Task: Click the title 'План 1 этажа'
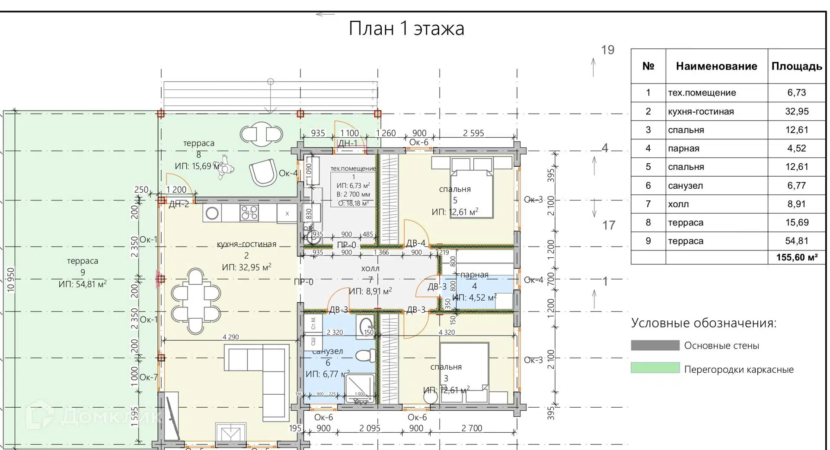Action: [x=406, y=29]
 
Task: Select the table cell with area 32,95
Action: [x=796, y=111]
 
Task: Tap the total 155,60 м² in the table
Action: [x=796, y=257]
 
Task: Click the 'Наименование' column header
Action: [x=716, y=66]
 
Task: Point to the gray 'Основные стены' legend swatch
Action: [x=655, y=345]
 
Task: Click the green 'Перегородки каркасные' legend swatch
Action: [x=655, y=368]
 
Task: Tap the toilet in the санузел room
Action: [x=366, y=355]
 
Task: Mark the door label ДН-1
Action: [x=348, y=143]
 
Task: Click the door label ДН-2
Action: [x=179, y=204]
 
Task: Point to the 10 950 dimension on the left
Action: [x=11, y=280]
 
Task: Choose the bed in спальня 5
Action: [x=471, y=192]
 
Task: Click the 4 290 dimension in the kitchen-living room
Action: [x=230, y=337]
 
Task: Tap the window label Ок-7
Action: [x=149, y=377]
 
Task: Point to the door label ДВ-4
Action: [x=415, y=244]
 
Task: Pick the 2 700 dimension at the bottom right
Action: [x=471, y=428]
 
